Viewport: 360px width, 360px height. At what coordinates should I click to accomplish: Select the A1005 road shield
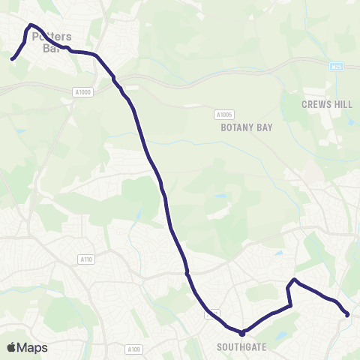pyautogui.click(x=223, y=115)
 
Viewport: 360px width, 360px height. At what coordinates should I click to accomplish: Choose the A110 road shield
pyautogui.click(x=86, y=259)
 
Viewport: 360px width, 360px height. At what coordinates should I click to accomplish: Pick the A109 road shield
pyautogui.click(x=133, y=349)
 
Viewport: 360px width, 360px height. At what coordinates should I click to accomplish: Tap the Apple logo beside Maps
pyautogui.click(x=11, y=347)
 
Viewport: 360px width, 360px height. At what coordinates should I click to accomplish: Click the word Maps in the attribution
pyautogui.click(x=32, y=347)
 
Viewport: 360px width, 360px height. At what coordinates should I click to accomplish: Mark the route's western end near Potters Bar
pyautogui.click(x=12, y=58)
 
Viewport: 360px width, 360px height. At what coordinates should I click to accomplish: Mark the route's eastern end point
pyautogui.click(x=347, y=315)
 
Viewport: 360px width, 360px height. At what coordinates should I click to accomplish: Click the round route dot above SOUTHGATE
pyautogui.click(x=241, y=333)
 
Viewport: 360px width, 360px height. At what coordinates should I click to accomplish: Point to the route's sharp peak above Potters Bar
pyautogui.click(x=30, y=25)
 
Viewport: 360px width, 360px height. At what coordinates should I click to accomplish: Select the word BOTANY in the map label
pyautogui.click(x=232, y=127)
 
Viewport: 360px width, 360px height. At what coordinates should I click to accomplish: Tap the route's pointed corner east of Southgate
pyautogui.click(x=294, y=280)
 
